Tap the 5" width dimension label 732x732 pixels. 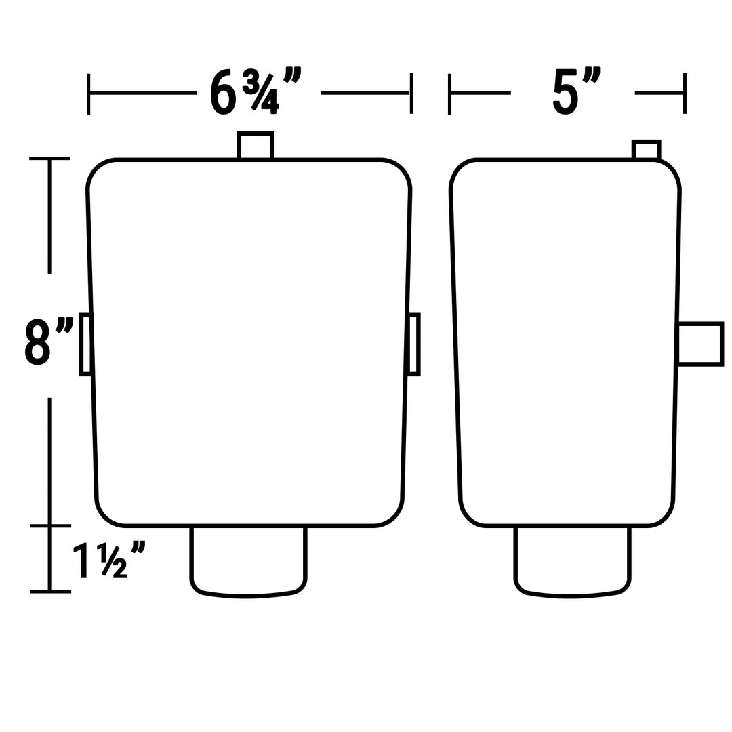(575, 91)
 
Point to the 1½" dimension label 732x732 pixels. (109, 560)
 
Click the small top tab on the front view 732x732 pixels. (256, 146)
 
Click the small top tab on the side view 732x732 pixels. (646, 150)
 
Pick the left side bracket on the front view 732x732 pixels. (86, 344)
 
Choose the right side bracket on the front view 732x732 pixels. (414, 344)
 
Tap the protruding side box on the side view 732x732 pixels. (700, 344)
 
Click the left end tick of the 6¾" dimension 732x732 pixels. (89, 94)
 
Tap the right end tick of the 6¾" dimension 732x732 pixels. (411, 94)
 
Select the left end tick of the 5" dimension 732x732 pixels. (450, 94)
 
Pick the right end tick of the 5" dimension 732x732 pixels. (685, 94)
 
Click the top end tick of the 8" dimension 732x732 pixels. (49, 159)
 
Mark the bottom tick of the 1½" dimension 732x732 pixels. (50, 592)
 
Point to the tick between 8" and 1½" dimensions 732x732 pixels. (50, 525)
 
